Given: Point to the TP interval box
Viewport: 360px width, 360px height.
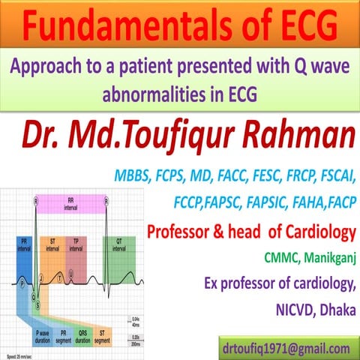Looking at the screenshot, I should coord(76,244).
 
